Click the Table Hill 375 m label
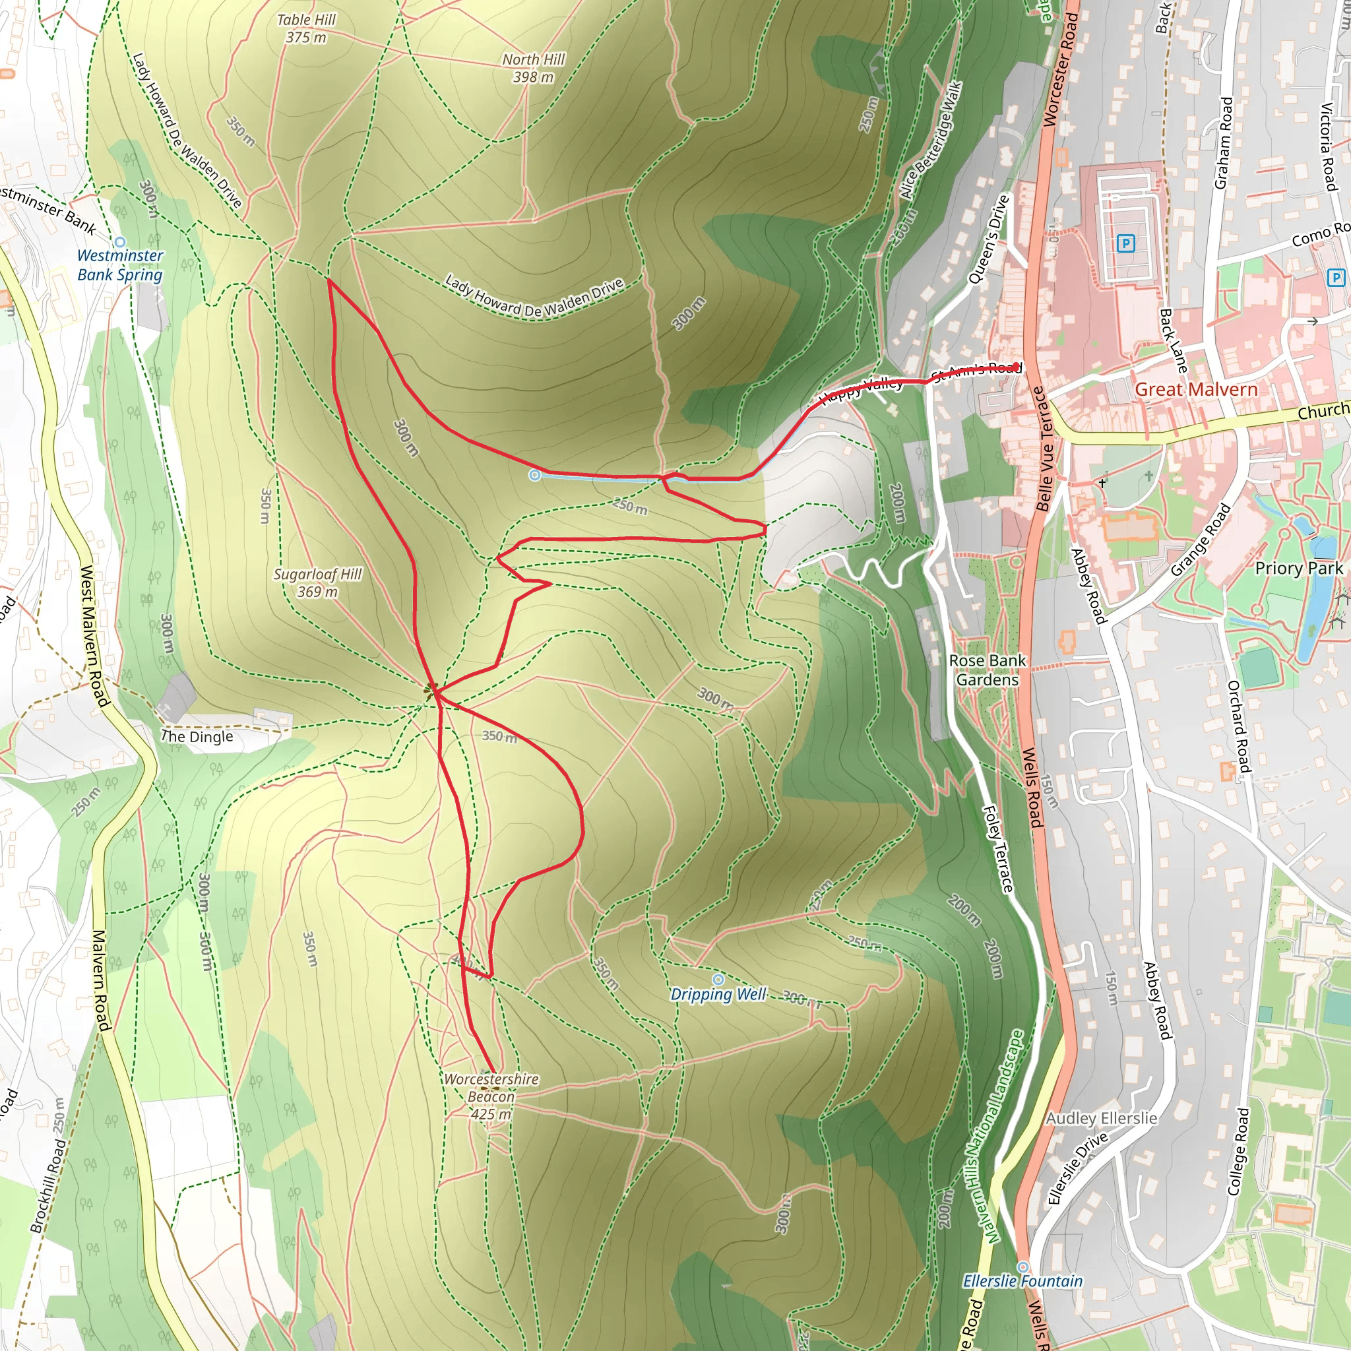[x=305, y=28]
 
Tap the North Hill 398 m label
[x=533, y=68]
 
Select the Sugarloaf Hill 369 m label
[x=317, y=582]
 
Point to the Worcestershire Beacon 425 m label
[x=491, y=1096]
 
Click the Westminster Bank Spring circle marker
[x=119, y=242]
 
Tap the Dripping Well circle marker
[x=718, y=979]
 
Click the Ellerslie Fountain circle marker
[x=1023, y=1267]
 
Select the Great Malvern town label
[x=1196, y=389]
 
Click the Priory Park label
[x=1298, y=568]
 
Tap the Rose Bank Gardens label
[x=988, y=670]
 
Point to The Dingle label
[x=197, y=736]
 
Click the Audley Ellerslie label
[x=1102, y=1118]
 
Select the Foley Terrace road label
[x=998, y=849]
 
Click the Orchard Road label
[x=1238, y=727]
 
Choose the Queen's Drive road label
[x=988, y=239]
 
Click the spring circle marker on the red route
[x=535, y=476]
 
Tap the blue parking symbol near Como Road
[x=1335, y=278]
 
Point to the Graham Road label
[x=1223, y=142]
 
